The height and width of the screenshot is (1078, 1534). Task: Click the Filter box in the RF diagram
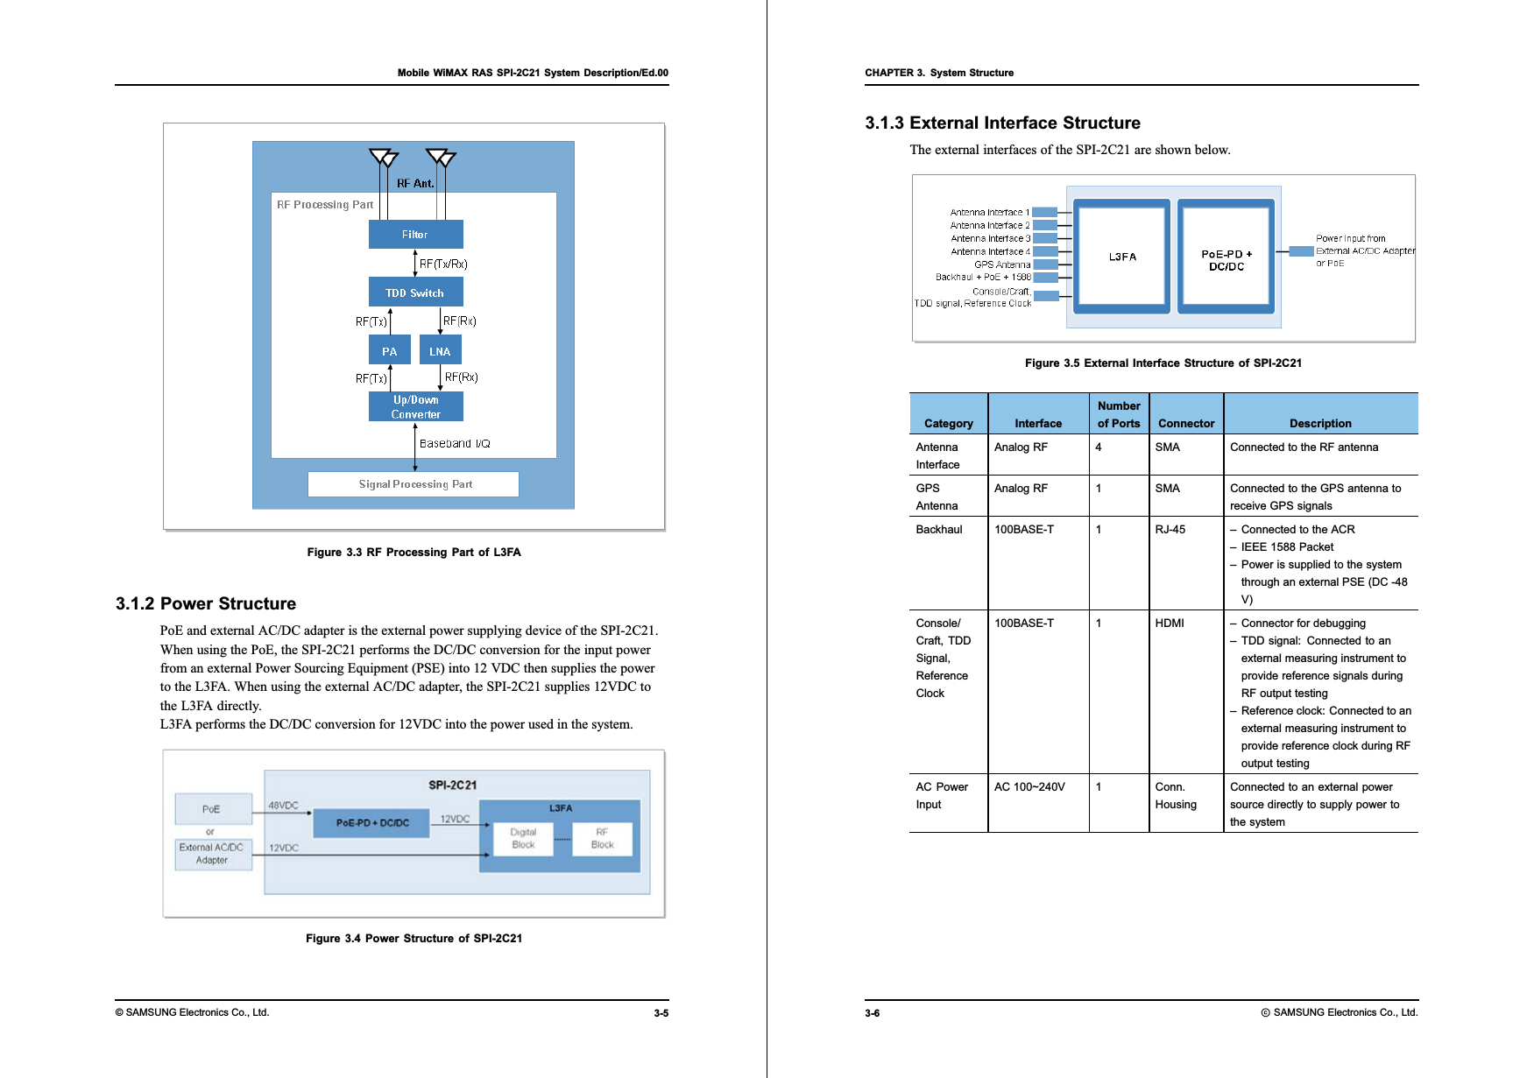click(x=415, y=235)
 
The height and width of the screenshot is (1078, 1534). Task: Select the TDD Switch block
click(x=415, y=292)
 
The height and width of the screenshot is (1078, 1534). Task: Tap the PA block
click(x=390, y=351)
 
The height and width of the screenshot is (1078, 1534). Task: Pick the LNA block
click(x=440, y=351)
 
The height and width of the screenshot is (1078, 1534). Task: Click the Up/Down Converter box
click(x=415, y=407)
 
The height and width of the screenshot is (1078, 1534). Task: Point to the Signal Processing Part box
click(x=414, y=484)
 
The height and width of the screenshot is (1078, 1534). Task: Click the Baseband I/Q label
click(x=455, y=444)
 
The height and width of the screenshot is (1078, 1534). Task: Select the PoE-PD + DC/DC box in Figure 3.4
click(x=372, y=823)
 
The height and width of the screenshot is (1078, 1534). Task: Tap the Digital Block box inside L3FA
click(x=523, y=839)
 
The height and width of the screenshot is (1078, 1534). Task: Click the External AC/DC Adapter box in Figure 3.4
click(x=212, y=854)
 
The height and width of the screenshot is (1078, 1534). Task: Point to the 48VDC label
click(x=283, y=806)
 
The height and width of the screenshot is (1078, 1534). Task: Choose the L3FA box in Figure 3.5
click(x=1122, y=257)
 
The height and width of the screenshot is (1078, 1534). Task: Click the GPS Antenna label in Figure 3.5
click(x=1002, y=264)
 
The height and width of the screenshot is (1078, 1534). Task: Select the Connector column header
click(x=1186, y=424)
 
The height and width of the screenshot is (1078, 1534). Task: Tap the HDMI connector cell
click(x=1170, y=624)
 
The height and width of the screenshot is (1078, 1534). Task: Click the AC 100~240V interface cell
click(x=1029, y=787)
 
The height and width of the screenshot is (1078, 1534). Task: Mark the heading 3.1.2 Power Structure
click(x=206, y=603)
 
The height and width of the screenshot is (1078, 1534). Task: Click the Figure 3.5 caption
click(x=1163, y=363)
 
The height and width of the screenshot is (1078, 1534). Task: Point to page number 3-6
click(x=873, y=1013)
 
